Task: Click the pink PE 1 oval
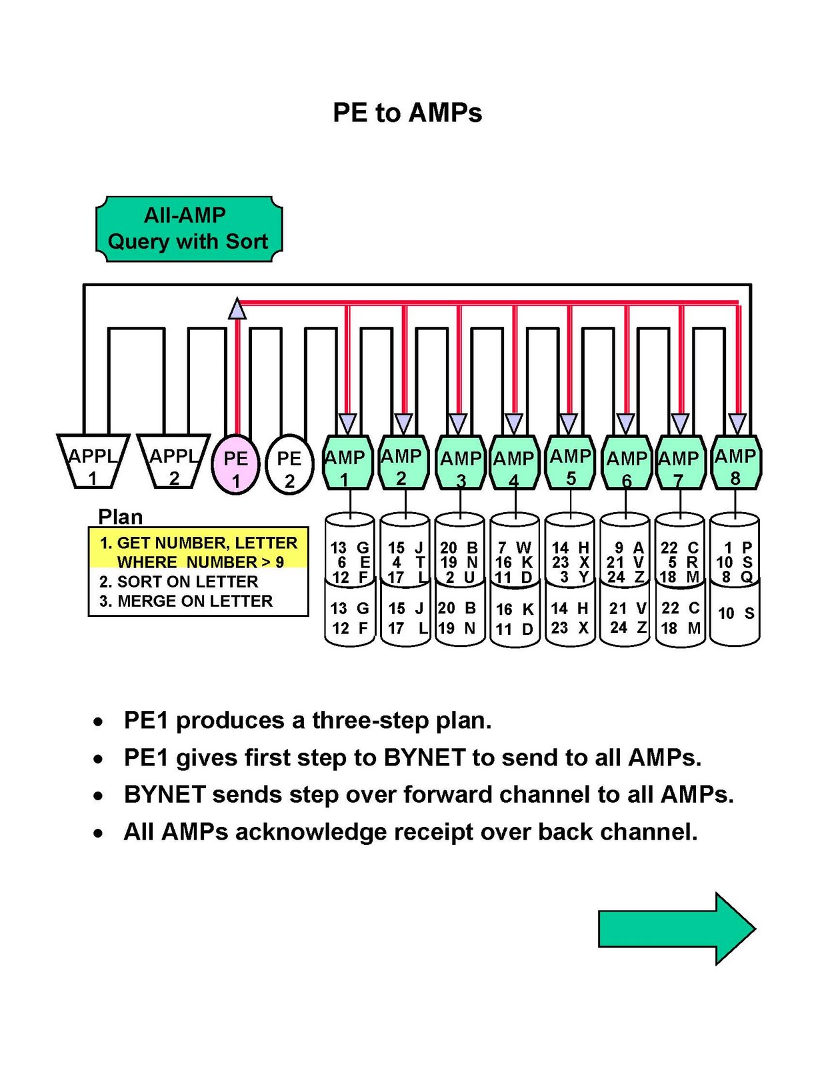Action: click(x=235, y=465)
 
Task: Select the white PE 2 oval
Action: click(x=289, y=465)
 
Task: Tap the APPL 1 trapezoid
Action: click(x=93, y=461)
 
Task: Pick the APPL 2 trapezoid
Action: click(x=173, y=461)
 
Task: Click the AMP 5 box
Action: click(x=570, y=462)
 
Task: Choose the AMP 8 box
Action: click(x=735, y=462)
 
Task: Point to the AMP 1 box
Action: click(x=347, y=462)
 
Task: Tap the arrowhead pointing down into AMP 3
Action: click(x=459, y=423)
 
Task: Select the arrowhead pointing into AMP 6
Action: click(x=626, y=423)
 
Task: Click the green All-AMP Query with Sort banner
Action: click(x=189, y=229)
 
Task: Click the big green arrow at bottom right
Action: click(x=677, y=928)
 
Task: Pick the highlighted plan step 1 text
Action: click(x=198, y=552)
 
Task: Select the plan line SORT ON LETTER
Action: click(x=179, y=582)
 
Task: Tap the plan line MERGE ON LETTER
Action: click(x=186, y=601)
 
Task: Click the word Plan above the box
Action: click(x=120, y=517)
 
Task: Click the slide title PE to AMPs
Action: click(x=407, y=113)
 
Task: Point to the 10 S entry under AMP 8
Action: click(x=735, y=613)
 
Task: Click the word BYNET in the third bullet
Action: click(x=165, y=794)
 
